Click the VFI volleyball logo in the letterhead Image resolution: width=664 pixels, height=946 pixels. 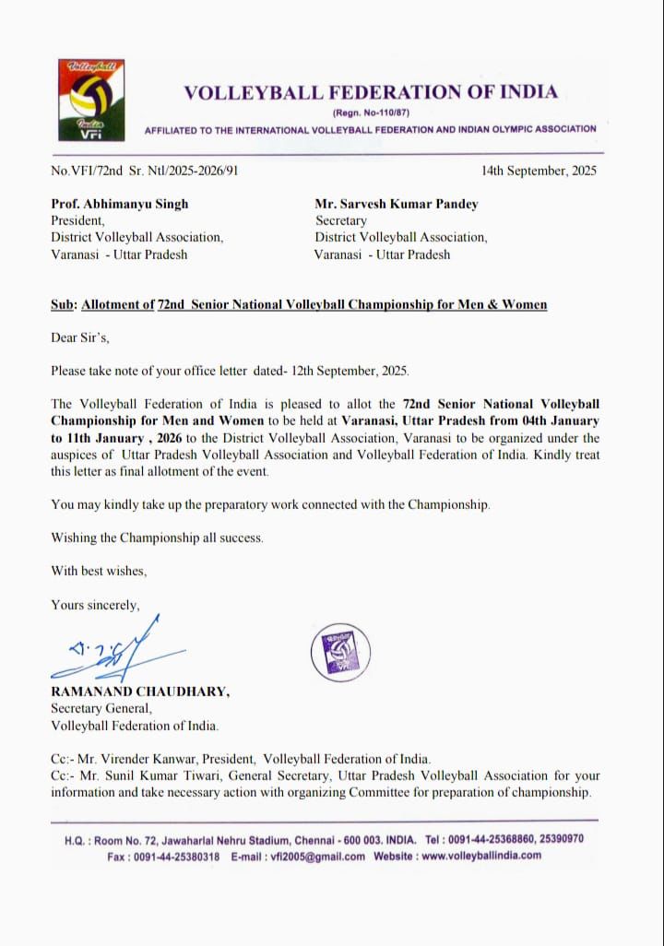pos(89,101)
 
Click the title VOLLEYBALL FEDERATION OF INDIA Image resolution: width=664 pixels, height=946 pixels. pos(371,92)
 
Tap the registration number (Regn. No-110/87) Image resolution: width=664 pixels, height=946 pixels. pos(371,112)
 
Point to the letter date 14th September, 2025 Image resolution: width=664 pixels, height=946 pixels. pos(539,171)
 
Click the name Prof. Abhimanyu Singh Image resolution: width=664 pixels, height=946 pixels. pos(120,204)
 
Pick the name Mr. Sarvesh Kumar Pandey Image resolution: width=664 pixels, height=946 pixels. pos(397,204)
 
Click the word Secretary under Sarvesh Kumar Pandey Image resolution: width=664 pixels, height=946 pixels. pos(341,220)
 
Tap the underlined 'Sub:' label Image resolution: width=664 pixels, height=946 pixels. pos(64,304)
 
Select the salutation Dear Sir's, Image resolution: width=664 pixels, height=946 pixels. pos(80,337)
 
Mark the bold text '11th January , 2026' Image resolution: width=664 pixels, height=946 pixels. pos(114,438)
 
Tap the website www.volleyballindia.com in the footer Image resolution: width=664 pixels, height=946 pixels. pos(481,856)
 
